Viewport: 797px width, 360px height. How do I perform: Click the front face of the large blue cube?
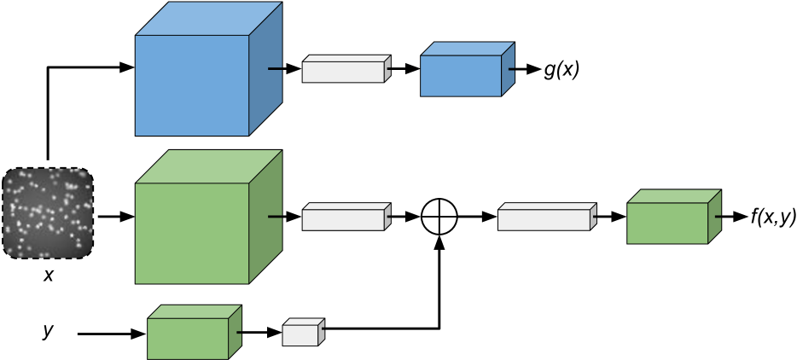(x=192, y=85)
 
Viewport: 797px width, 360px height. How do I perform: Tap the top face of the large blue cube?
(x=209, y=19)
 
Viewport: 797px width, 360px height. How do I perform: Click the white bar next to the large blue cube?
(x=343, y=72)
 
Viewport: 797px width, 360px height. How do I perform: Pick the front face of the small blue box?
(x=461, y=76)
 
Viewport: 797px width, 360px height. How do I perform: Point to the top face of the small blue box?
(x=468, y=49)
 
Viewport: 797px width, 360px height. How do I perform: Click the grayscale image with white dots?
(x=48, y=213)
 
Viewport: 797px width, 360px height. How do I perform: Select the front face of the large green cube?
(x=192, y=233)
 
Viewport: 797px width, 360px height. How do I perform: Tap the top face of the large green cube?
(x=209, y=166)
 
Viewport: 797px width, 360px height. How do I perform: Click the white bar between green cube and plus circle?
(x=343, y=219)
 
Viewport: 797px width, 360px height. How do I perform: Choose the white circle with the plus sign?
(x=439, y=217)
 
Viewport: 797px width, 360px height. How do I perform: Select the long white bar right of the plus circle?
(x=544, y=219)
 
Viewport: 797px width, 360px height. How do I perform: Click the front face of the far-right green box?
(x=667, y=224)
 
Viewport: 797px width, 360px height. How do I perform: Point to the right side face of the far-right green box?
(x=714, y=216)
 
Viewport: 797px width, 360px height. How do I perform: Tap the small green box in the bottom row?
(x=188, y=338)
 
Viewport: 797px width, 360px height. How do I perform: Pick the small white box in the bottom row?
(x=300, y=334)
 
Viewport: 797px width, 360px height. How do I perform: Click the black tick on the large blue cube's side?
(x=275, y=69)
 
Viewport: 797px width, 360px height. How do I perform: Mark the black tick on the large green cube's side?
(x=275, y=217)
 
